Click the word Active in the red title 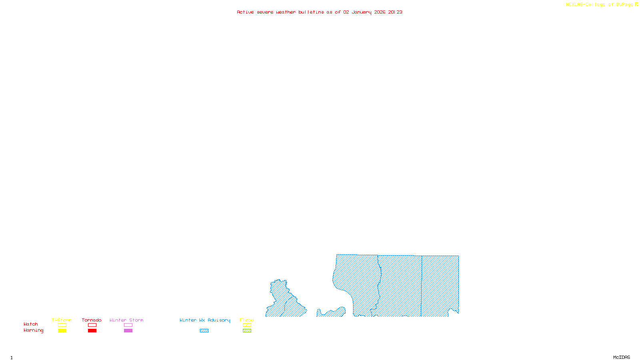click(x=245, y=12)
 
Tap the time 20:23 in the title click(x=395, y=12)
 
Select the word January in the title click(x=361, y=12)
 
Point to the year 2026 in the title click(x=380, y=12)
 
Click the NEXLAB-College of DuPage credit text click(x=599, y=4)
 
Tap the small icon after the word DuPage click(x=636, y=4)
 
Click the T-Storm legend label click(x=62, y=320)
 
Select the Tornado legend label click(x=92, y=320)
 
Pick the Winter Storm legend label click(x=126, y=320)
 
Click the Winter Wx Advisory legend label click(x=205, y=320)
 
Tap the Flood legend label click(x=247, y=320)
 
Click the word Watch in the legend click(x=31, y=324)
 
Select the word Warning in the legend click(x=33, y=330)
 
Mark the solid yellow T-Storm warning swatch click(x=62, y=331)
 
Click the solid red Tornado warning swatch click(x=92, y=331)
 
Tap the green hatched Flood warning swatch click(x=247, y=331)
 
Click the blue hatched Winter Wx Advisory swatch click(x=204, y=331)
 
